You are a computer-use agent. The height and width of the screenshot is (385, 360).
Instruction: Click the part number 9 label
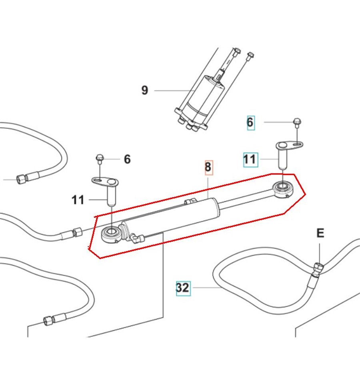(x=145, y=90)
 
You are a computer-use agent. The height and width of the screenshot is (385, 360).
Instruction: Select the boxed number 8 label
(x=208, y=167)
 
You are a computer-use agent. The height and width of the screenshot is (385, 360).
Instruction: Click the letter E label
(x=320, y=233)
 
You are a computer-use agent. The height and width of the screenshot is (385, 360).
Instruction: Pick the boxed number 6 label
(x=250, y=122)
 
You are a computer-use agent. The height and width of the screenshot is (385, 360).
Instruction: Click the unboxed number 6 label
(x=127, y=159)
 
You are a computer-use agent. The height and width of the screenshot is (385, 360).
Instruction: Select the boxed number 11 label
(x=250, y=160)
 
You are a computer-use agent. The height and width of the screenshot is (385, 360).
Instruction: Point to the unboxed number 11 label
(x=78, y=199)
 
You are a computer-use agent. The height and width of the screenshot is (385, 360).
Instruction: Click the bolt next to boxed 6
(x=296, y=121)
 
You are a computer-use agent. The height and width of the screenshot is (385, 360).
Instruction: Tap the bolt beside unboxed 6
(x=99, y=159)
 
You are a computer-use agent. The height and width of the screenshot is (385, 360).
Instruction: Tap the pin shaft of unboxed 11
(x=111, y=197)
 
